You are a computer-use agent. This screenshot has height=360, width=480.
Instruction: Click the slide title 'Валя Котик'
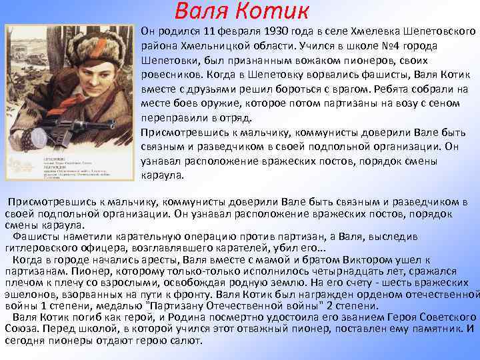[241, 11]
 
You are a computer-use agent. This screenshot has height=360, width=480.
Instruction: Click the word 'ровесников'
[171, 75]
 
